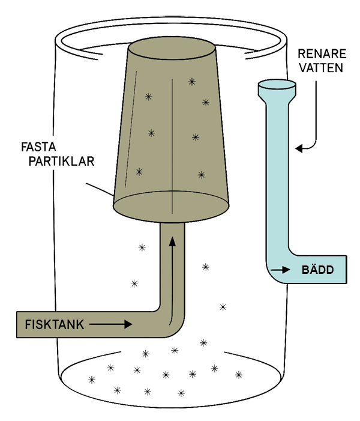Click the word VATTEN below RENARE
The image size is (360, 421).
coord(323,68)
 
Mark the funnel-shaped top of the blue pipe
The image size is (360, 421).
coord(276,89)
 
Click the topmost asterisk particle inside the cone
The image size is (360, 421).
coord(191,81)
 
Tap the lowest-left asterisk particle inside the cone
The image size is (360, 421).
coord(139,172)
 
